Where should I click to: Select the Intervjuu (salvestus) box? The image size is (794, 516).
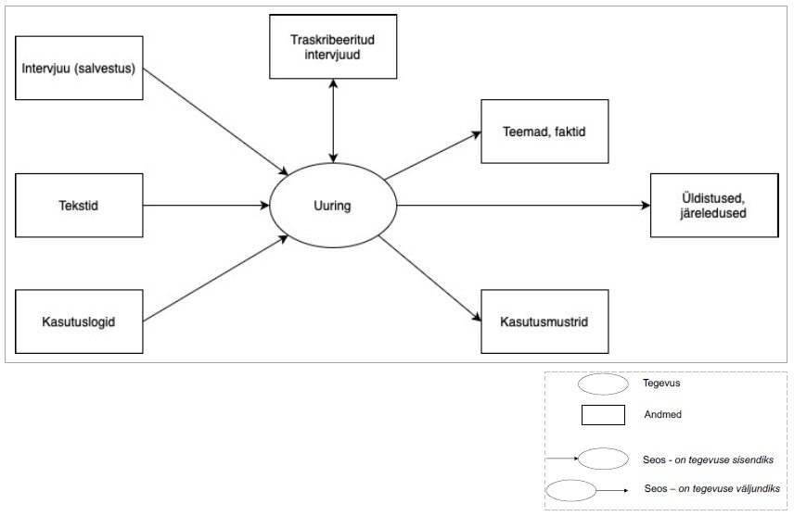[81, 69]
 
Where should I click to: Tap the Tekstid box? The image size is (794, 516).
[81, 204]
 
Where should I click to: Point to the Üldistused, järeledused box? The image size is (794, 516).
[712, 205]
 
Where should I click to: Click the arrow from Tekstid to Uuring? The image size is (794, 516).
[204, 204]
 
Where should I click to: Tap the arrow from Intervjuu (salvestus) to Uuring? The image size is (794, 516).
[215, 120]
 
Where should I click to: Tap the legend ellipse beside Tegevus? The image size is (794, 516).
[604, 384]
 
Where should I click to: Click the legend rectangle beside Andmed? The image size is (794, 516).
[604, 415]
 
